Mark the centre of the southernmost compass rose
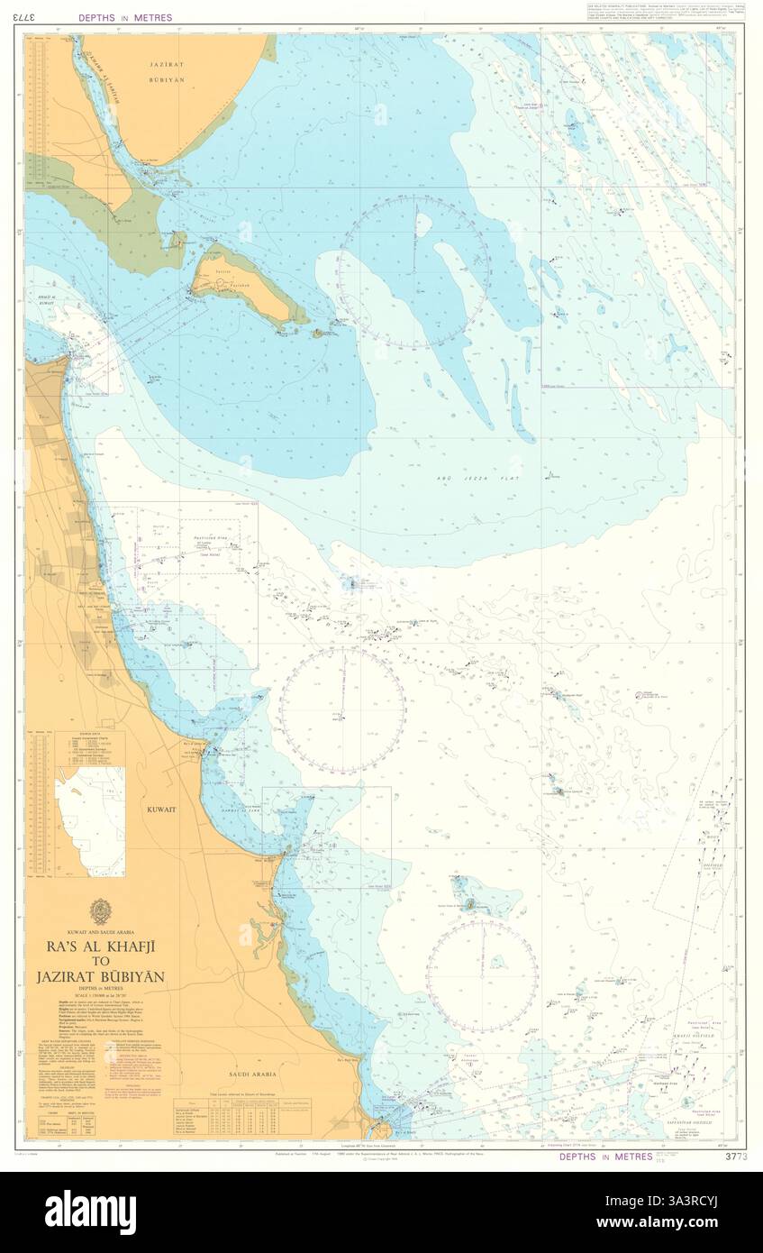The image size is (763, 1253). click(x=482, y=975)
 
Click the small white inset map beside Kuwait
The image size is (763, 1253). click(x=90, y=821)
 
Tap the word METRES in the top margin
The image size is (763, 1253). click(x=150, y=17)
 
